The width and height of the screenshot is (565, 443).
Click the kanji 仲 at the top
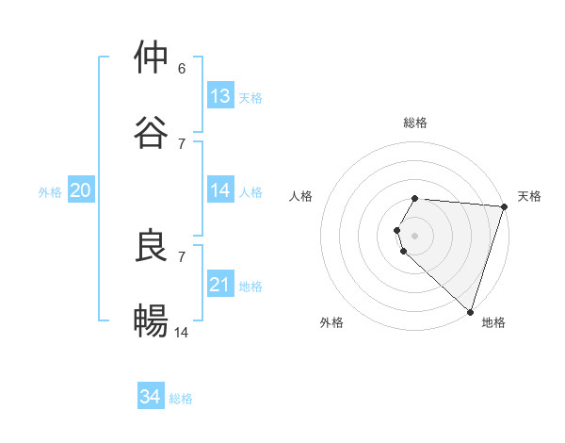click(x=151, y=57)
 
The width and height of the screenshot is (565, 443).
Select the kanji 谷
click(x=151, y=133)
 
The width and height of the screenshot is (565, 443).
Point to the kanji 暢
click(x=151, y=321)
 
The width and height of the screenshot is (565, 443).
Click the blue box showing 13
click(x=220, y=96)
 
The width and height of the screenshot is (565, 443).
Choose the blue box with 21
click(x=220, y=285)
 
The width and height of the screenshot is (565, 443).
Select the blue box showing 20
click(x=80, y=190)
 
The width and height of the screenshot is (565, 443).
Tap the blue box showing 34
click(x=151, y=397)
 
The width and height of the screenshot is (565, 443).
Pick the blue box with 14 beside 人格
click(x=220, y=190)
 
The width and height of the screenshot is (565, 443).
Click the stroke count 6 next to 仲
click(x=182, y=69)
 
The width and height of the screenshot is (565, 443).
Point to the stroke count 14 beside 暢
click(x=182, y=333)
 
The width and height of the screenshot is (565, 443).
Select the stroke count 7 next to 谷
click(x=182, y=143)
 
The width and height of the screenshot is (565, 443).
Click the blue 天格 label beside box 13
click(x=250, y=98)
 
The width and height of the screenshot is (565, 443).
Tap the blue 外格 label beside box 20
click(x=50, y=192)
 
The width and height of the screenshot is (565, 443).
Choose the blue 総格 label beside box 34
click(x=181, y=399)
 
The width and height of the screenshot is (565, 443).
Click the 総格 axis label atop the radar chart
click(x=415, y=123)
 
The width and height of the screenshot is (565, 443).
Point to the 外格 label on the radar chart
click(x=331, y=322)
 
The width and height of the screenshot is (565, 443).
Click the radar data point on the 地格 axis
click(x=470, y=311)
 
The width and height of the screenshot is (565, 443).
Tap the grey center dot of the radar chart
click(x=415, y=235)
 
